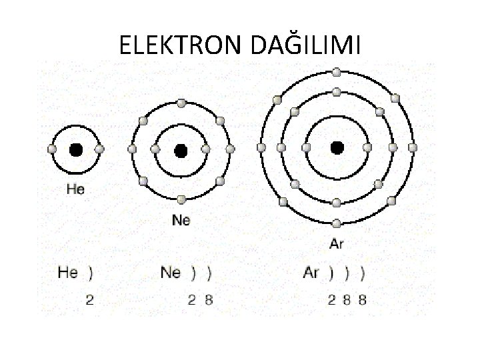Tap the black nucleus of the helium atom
click(x=76, y=149)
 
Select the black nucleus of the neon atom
click(x=181, y=151)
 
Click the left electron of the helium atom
click(x=53, y=149)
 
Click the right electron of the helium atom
click(x=100, y=149)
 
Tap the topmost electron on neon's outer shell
click(x=181, y=103)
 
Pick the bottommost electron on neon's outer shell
click(x=181, y=199)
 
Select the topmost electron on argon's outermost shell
click(x=337, y=71)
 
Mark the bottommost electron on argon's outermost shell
click(x=337, y=223)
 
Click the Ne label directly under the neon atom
click(x=181, y=219)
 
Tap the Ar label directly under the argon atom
click(x=337, y=244)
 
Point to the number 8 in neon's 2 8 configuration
click(x=209, y=300)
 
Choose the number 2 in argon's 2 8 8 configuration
click(x=331, y=300)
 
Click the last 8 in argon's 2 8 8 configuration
click(x=362, y=300)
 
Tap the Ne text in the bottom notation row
click(x=171, y=273)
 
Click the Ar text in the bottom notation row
click(x=311, y=273)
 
